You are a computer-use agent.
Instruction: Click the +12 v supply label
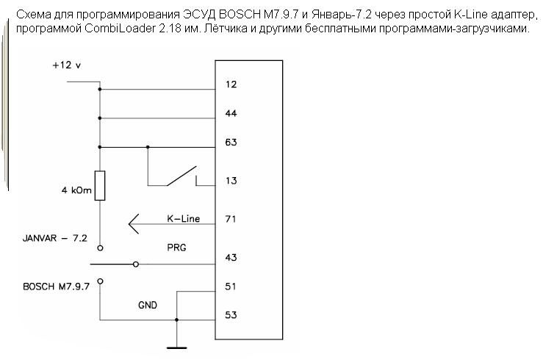coord(66,65)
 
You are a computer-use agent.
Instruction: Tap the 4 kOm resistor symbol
coord(100,185)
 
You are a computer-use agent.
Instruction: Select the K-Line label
coord(184,219)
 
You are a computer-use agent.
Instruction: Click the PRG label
coord(176,248)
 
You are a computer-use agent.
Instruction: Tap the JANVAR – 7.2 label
coord(54,239)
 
